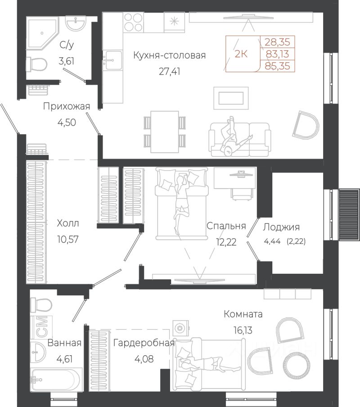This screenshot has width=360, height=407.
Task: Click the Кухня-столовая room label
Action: (x=169, y=55)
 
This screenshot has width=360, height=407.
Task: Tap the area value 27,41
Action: (x=169, y=71)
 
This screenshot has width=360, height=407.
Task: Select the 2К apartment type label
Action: (x=241, y=54)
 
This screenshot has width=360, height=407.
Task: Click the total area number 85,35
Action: (x=277, y=66)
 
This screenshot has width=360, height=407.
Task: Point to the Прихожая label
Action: (x=67, y=106)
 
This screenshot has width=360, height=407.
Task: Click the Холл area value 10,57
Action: (x=67, y=239)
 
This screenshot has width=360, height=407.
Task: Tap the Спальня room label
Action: (x=226, y=226)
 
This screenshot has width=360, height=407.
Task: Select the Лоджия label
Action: (x=281, y=227)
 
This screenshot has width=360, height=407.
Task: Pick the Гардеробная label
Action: (x=144, y=343)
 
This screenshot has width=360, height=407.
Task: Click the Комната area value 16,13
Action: (x=243, y=330)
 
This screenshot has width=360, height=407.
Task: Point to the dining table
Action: (x=165, y=132)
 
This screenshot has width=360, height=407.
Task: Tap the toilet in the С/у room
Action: (x=36, y=64)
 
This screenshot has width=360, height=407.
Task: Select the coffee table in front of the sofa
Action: (x=231, y=98)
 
